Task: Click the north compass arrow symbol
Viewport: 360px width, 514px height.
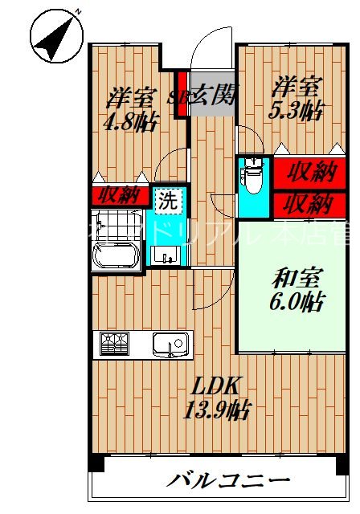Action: (57, 35)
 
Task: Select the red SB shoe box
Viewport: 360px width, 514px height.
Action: (182, 96)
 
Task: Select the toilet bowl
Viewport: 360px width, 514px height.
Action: (252, 177)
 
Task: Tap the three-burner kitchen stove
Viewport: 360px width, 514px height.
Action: (115, 345)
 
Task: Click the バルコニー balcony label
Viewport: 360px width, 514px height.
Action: (228, 482)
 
